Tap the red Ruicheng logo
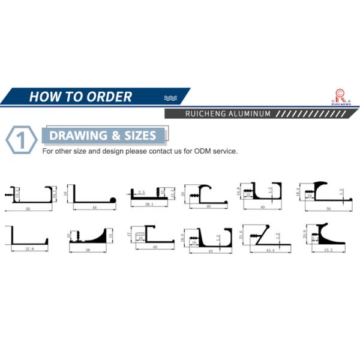coord(340,96)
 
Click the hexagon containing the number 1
coord(21,140)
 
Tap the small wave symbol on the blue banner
coord(170,97)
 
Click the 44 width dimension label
coord(94,207)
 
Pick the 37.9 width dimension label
coord(28,248)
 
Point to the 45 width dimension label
coord(212,251)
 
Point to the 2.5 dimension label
coord(142,193)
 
